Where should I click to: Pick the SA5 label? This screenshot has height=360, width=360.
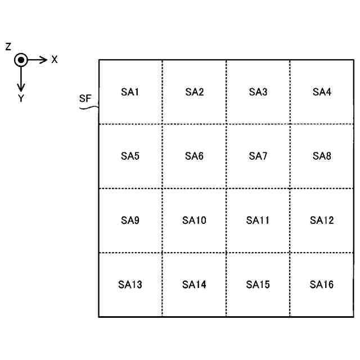[130, 156]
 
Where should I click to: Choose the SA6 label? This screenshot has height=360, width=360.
[194, 156]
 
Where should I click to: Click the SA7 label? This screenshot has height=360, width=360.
[258, 156]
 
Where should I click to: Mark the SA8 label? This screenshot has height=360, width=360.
[322, 156]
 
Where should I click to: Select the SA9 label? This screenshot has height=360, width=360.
[130, 220]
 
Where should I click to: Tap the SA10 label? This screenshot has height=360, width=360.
[194, 220]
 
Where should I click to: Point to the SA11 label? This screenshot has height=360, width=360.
[258, 220]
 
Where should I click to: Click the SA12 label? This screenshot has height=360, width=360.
[322, 220]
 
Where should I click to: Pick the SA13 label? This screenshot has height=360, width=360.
[130, 285]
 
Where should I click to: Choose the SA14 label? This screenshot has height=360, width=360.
[194, 285]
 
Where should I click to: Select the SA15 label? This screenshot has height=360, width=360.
[258, 285]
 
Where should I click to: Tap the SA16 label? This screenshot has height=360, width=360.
[322, 285]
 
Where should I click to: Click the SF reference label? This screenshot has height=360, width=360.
[84, 98]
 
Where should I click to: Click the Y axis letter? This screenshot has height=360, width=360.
[21, 98]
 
